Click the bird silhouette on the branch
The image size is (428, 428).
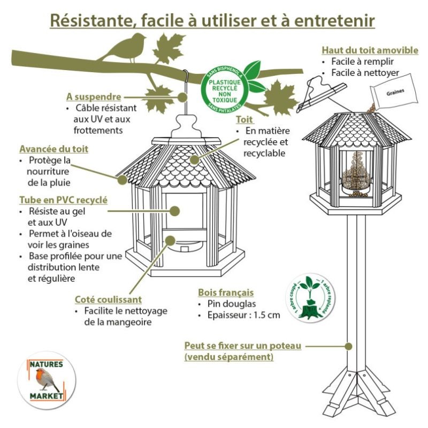click(124, 48)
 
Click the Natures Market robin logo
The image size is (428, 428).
click(45, 380)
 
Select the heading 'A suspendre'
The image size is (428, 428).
click(94, 97)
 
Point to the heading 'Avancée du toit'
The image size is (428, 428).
click(53, 149)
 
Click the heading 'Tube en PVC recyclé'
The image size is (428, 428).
click(63, 200)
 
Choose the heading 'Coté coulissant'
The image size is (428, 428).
click(108, 300)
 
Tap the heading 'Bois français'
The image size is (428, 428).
click(226, 293)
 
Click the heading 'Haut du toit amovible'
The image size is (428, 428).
click(370, 50)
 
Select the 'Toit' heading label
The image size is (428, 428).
click(245, 120)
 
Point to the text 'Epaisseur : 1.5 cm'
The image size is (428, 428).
click(243, 315)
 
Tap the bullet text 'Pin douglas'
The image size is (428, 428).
click(232, 304)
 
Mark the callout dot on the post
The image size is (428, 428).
click(349, 346)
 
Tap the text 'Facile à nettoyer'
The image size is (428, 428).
click(364, 72)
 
